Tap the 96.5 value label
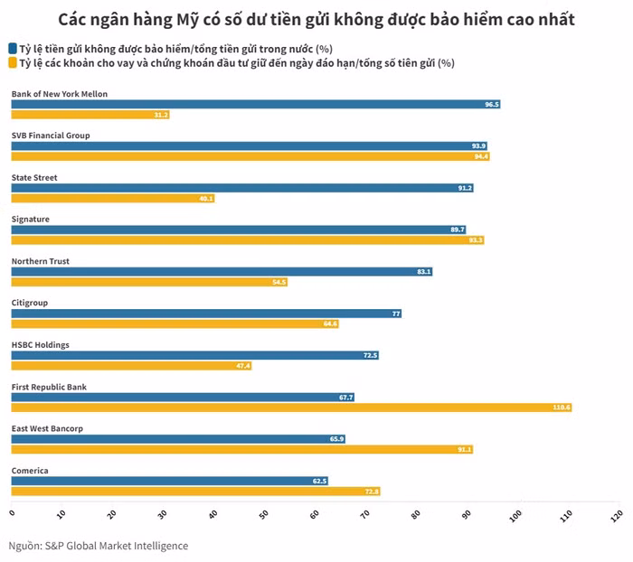tap(491, 104)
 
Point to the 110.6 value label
tap(562, 407)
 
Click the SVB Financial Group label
tap(51, 136)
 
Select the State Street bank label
tap(34, 177)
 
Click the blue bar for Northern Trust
tap(222, 271)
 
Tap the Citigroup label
tap(29, 303)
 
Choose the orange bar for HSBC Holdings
tap(131, 365)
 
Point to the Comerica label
tap(30, 471)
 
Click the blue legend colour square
tap(12, 48)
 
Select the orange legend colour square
tap(12, 63)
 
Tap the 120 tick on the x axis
tap(618, 514)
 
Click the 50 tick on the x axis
tap(264, 514)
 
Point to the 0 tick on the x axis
tap(12, 514)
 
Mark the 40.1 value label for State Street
tap(205, 198)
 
